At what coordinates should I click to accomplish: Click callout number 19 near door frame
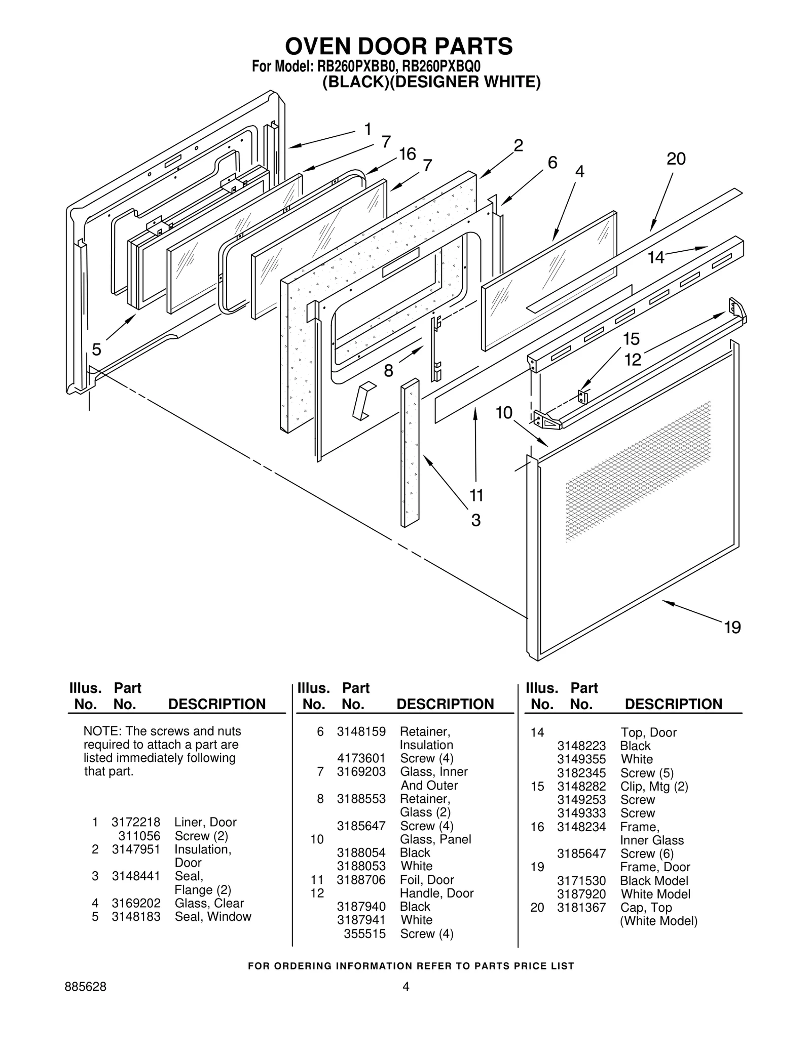732,628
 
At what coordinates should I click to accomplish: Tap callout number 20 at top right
676,159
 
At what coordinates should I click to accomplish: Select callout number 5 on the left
96,349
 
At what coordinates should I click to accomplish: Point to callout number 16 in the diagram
407,154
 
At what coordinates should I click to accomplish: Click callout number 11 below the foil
476,495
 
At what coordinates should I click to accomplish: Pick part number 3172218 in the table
136,822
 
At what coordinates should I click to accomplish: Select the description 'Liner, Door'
205,822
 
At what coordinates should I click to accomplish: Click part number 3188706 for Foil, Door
361,880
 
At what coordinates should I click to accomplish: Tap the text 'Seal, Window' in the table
213,916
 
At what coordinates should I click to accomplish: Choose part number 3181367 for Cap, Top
581,908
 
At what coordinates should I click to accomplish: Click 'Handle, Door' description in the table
436,893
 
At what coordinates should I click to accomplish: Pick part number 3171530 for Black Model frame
581,881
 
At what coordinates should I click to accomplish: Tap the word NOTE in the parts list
100,731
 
